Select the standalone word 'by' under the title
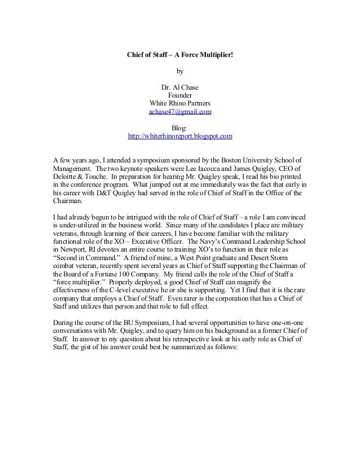(x=180, y=72)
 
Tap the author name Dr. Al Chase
(x=180, y=88)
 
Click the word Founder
(x=180, y=96)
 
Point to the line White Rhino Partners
(x=180, y=104)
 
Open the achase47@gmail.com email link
(x=180, y=112)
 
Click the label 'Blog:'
(x=180, y=128)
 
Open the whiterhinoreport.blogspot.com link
(x=180, y=137)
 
